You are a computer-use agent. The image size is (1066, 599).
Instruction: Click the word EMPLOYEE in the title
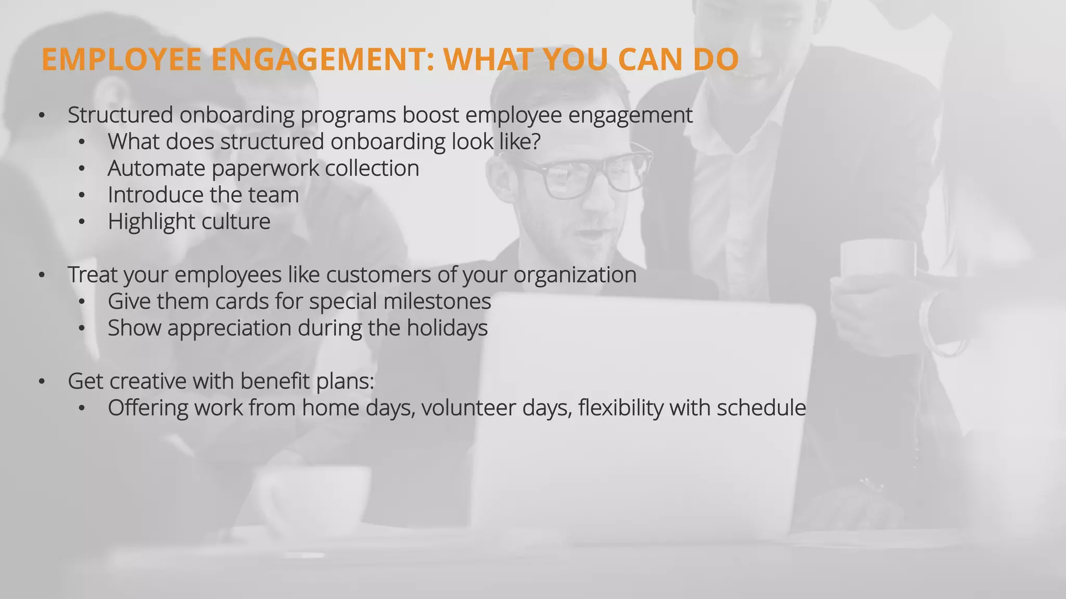coord(121,59)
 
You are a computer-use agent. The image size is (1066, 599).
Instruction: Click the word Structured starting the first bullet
coord(120,115)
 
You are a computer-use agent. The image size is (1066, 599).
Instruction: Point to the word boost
coord(430,115)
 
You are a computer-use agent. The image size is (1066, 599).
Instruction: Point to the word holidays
coord(447,329)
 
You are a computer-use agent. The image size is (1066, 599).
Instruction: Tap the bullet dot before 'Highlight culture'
coord(81,222)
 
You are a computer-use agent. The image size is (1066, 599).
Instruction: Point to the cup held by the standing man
coord(878,263)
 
